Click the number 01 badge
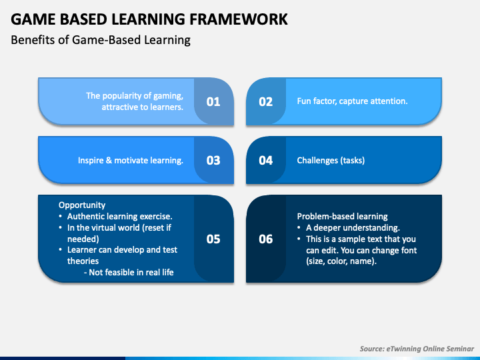click(213, 101)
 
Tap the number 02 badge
click(266, 101)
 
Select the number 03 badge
click(213, 161)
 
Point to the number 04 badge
click(266, 161)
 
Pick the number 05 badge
click(213, 239)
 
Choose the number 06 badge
click(266, 239)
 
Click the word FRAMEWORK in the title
click(239, 19)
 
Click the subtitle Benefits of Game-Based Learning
click(101, 40)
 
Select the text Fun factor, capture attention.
click(353, 101)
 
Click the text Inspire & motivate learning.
click(131, 161)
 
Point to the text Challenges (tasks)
click(331, 161)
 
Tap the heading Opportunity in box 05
click(82, 205)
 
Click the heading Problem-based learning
click(342, 217)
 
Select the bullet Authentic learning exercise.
click(120, 217)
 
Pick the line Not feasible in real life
click(129, 272)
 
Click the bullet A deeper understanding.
click(353, 228)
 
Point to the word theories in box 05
click(83, 261)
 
